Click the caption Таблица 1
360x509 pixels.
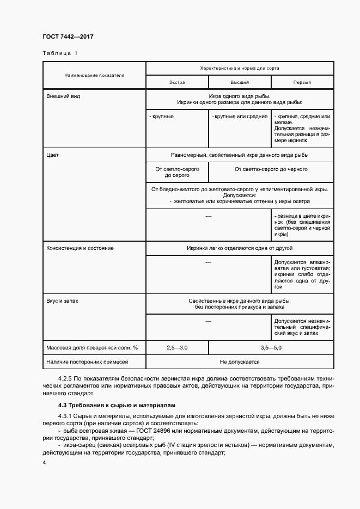(60, 53)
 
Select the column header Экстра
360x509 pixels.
(177, 82)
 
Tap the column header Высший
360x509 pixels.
(240, 82)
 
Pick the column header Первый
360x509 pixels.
(302, 82)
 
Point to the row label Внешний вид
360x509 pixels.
(60, 95)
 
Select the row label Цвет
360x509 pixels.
(53, 155)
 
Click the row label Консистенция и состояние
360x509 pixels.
(81, 248)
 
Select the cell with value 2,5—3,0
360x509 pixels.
(177, 347)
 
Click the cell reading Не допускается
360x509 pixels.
(240, 361)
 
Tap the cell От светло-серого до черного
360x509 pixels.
(271, 169)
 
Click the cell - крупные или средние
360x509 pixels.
(240, 116)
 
